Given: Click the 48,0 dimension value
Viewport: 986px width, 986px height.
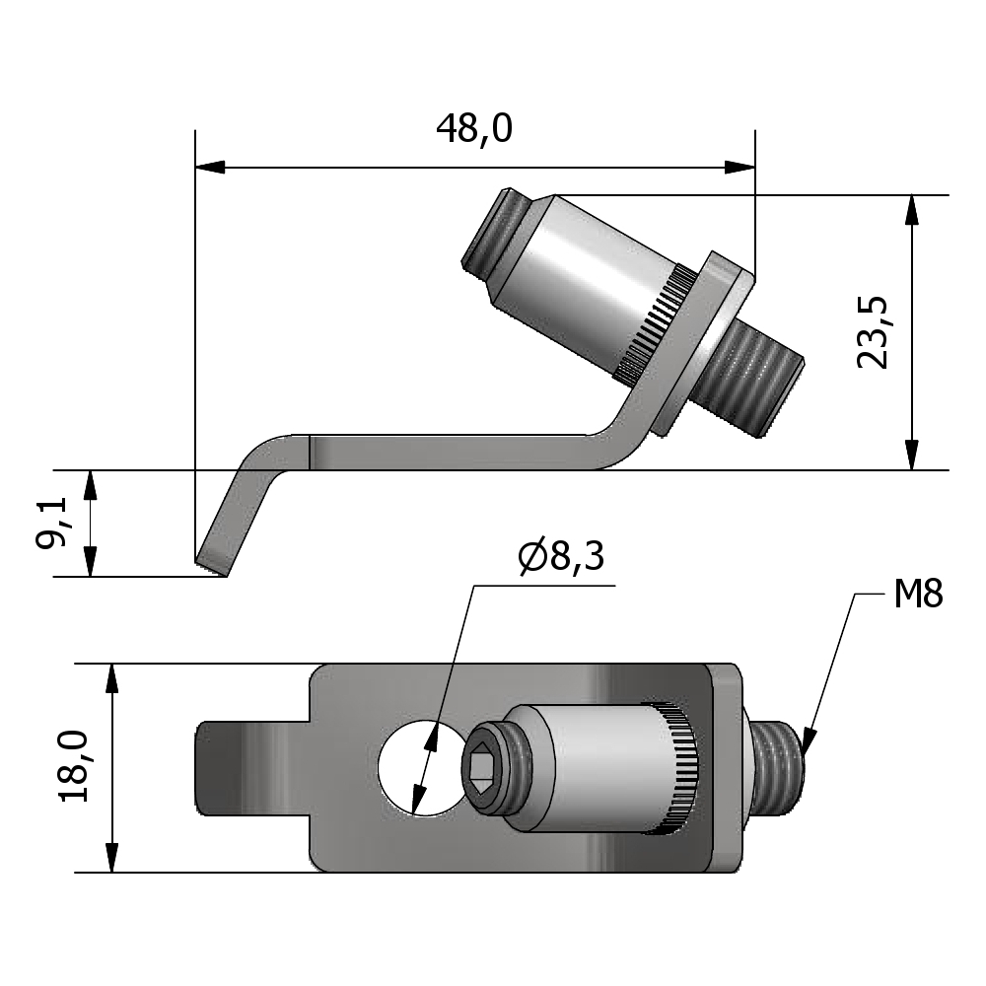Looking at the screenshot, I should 473,129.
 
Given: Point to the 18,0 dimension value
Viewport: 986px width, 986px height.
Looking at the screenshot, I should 75,767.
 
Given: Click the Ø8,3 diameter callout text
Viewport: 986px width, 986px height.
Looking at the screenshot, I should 560,559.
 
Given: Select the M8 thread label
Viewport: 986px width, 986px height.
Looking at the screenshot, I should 918,595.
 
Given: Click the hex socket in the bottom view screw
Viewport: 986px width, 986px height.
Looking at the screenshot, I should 481,766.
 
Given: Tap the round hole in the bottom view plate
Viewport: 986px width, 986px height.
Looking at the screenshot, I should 414,766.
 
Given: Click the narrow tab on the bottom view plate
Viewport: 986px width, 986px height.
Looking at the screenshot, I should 251,767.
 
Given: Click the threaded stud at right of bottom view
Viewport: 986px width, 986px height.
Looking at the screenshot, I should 779,766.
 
